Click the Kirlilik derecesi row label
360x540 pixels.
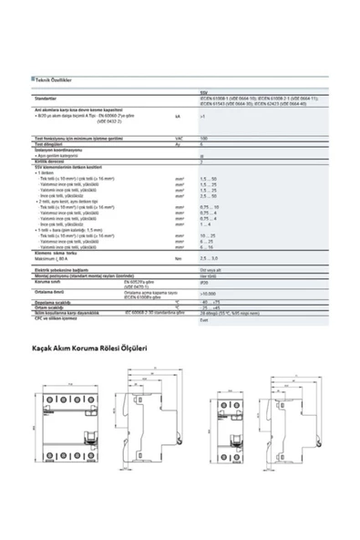point(50,161)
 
